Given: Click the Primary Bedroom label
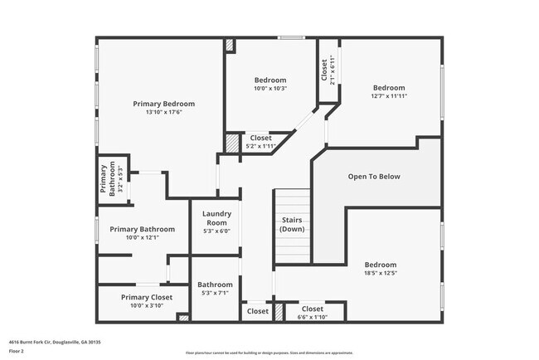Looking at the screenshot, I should point(164,104).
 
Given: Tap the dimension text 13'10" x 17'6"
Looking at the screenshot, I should point(164,113).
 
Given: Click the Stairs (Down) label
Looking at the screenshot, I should point(291,224).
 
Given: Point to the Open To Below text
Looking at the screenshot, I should point(374,177).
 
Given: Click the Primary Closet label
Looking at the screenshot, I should point(147,296).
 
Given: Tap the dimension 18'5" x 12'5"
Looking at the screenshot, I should point(381,273).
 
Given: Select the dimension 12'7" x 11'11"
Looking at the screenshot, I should point(389,96).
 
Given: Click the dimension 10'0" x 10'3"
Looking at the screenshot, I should point(269,88).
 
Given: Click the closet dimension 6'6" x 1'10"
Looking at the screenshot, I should point(312,317).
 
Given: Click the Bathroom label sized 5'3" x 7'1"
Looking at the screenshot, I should point(216,289).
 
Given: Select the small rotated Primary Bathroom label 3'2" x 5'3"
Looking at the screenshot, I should point(108,179).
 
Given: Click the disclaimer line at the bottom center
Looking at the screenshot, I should point(269,353).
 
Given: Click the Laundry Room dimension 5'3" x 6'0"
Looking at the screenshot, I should point(216,231).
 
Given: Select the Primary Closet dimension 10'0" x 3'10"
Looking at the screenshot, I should point(147,304).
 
